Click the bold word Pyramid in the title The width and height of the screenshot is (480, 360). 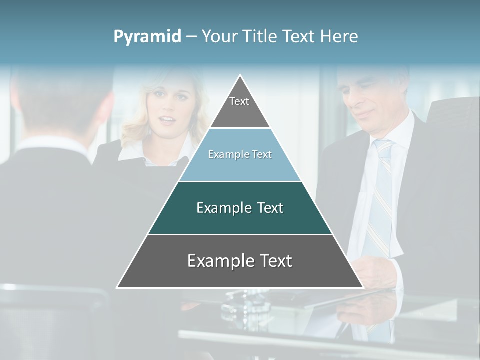click(147, 37)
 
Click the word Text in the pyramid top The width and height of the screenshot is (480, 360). click(239, 101)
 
